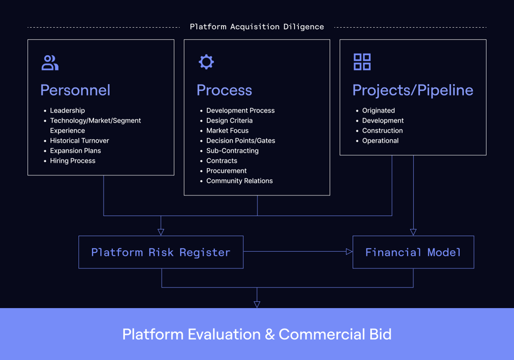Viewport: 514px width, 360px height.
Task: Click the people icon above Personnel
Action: tap(50, 63)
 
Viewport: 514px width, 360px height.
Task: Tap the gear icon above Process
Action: tap(206, 62)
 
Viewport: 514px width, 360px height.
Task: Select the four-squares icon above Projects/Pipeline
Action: tap(362, 62)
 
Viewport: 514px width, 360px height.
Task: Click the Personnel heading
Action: tap(75, 90)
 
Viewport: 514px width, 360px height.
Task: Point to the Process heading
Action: tap(224, 90)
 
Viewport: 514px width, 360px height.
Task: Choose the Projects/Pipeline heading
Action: tap(413, 90)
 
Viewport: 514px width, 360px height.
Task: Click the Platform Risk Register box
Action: tap(161, 252)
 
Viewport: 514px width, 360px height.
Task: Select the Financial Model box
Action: tap(413, 252)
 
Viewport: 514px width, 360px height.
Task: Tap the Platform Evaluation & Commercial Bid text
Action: tap(257, 334)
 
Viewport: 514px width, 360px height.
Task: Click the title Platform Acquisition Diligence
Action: tap(257, 27)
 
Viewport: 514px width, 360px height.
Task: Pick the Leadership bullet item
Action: tap(67, 110)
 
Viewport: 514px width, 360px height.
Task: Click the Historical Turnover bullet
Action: tap(79, 141)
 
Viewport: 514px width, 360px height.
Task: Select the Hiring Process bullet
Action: tap(73, 161)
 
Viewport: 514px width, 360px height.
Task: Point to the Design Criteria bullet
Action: tap(229, 120)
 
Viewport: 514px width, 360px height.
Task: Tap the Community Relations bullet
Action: tap(239, 181)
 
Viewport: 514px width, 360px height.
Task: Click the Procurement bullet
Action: tap(226, 171)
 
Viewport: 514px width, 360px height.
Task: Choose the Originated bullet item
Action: tap(378, 110)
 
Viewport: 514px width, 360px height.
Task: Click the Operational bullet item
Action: tap(380, 141)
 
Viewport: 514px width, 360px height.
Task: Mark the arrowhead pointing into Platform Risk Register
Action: tap(161, 232)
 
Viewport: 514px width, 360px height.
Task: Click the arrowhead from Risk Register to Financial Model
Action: tap(349, 251)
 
